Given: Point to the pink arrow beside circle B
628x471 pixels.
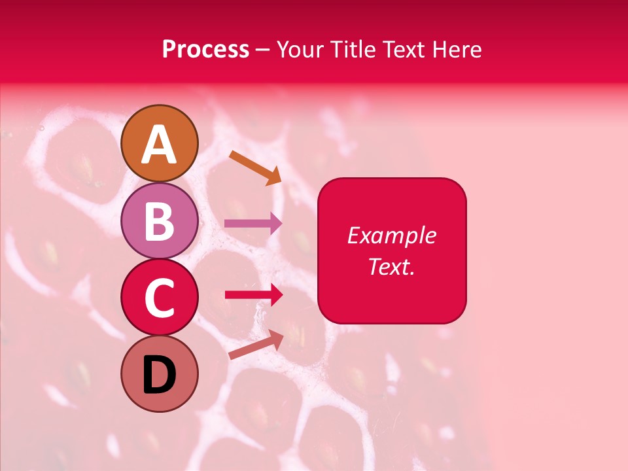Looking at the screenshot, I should pyautogui.click(x=253, y=223).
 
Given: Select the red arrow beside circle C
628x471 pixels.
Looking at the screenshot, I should pyautogui.click(x=253, y=295).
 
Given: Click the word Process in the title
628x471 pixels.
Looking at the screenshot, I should pyautogui.click(x=205, y=50).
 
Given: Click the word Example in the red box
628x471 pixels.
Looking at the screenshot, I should pyautogui.click(x=392, y=235).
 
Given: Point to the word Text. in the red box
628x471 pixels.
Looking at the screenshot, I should pyautogui.click(x=391, y=266).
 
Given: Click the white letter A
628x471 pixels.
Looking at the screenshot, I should pyautogui.click(x=159, y=145).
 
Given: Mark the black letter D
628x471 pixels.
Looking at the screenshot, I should pyautogui.click(x=159, y=376).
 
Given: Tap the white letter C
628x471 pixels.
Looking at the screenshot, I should pyautogui.click(x=159, y=299).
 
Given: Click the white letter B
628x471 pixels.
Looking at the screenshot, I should pyautogui.click(x=159, y=222).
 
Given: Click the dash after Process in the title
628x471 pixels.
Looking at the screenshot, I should pyautogui.click(x=263, y=50).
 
